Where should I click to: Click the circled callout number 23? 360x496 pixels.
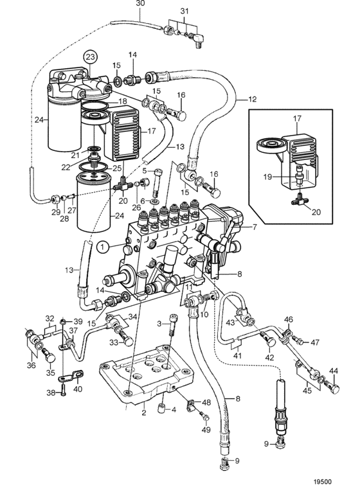coord(90,58)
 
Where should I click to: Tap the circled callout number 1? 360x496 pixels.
coord(104,248)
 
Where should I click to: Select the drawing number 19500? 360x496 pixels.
coord(323,482)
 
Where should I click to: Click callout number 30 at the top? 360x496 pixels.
coord(140,3)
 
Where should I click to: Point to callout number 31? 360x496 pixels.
coord(184,12)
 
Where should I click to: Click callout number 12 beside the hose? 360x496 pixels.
coord(252,100)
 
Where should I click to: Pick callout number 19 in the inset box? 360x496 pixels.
coord(268,177)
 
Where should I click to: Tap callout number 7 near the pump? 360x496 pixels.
coord(255,227)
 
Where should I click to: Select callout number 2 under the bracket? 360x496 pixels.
coord(144,413)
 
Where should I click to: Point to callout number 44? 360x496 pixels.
coord(334,371)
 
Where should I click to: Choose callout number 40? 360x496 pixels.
coord(78,389)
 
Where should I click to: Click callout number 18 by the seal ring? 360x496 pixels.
coord(123,102)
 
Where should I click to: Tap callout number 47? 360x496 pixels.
coord(315,342)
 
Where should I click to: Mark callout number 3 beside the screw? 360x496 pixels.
coord(159,324)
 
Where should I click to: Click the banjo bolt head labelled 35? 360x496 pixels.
coord(50,357)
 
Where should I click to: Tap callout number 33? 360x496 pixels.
coord(114,342)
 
